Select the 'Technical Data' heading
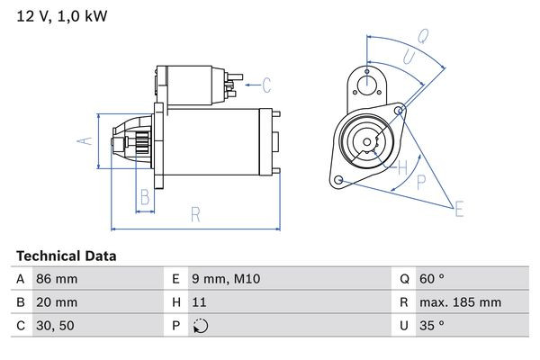(67, 256)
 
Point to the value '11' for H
(200, 303)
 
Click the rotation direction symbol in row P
(201, 327)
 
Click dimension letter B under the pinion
(144, 198)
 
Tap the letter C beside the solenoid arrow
(266, 86)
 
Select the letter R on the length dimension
(194, 214)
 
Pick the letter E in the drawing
(459, 210)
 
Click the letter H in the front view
(403, 166)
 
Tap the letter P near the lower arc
(421, 181)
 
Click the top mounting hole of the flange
(366, 85)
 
